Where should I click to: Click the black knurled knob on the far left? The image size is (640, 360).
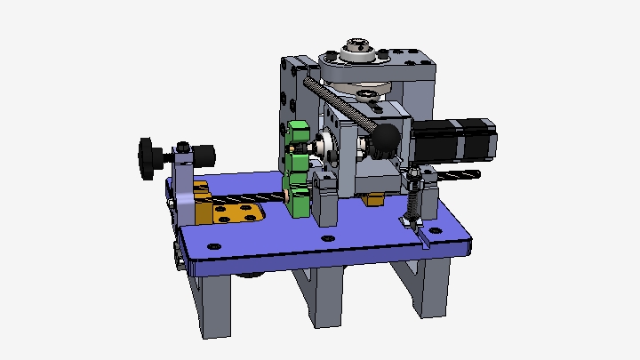(x=147, y=158)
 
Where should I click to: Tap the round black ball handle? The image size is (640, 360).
(x=387, y=138)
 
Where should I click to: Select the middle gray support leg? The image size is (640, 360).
(x=326, y=293)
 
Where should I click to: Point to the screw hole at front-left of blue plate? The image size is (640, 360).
(x=212, y=245)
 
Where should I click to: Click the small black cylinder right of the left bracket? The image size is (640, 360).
(x=204, y=155)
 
